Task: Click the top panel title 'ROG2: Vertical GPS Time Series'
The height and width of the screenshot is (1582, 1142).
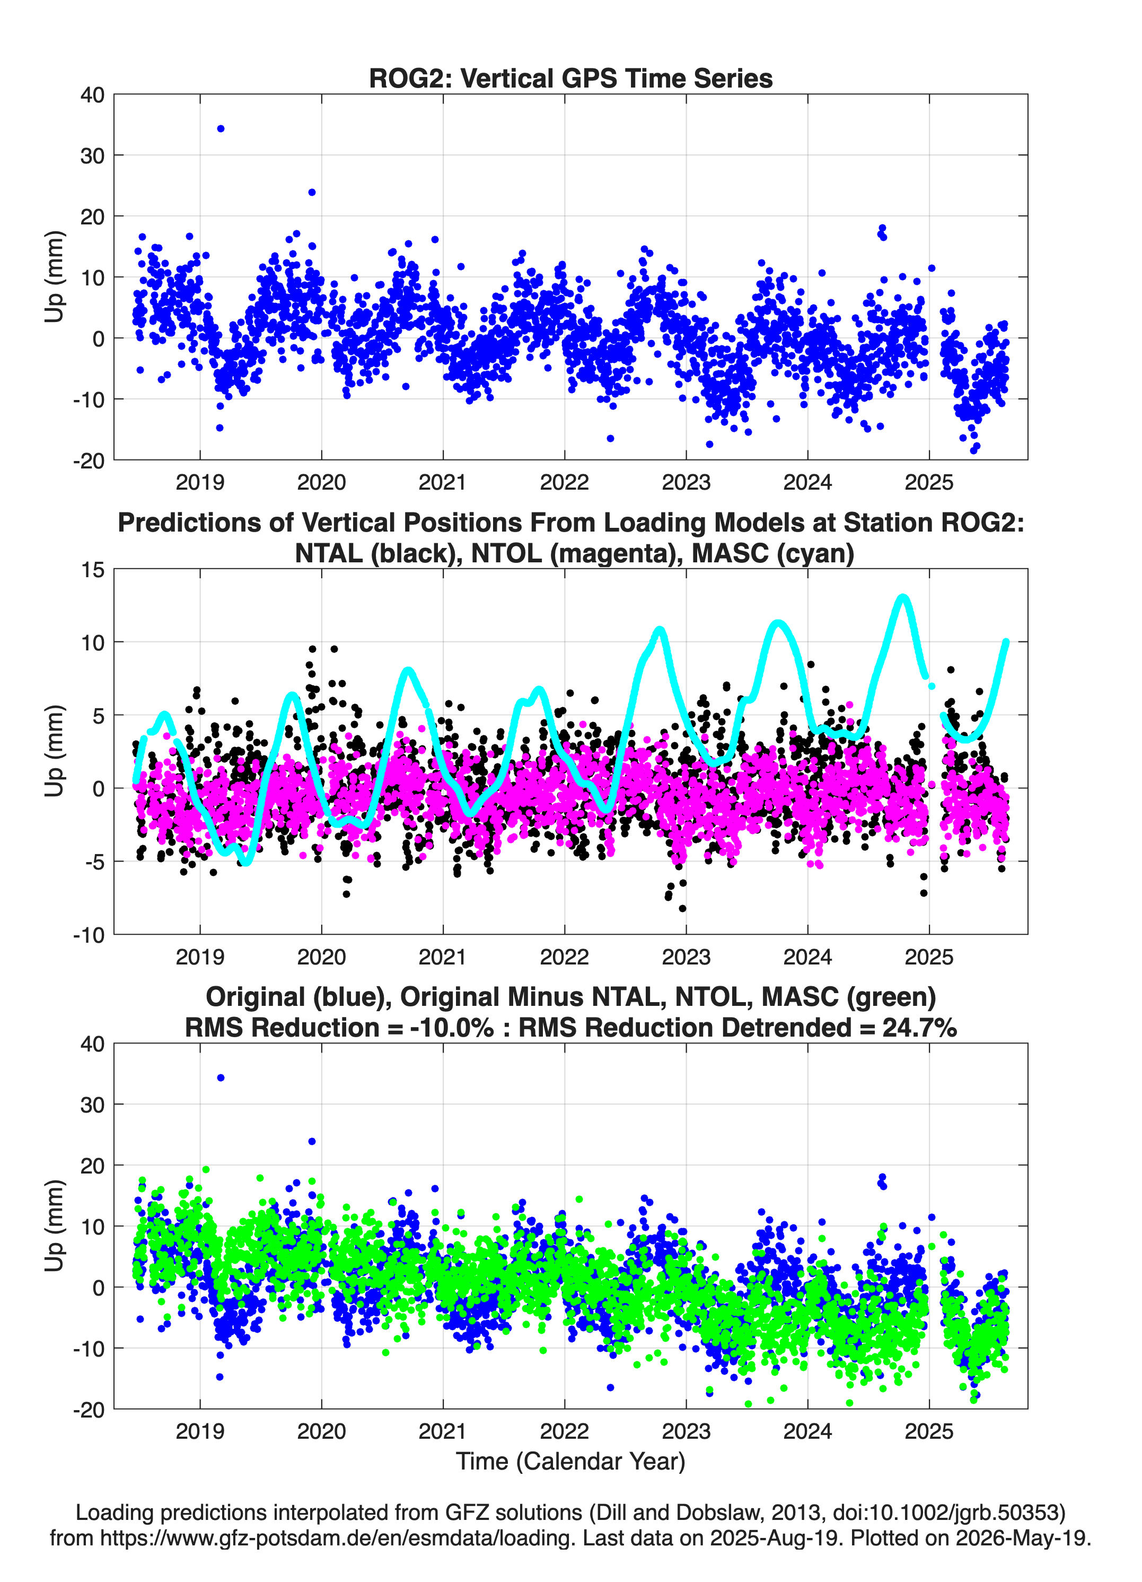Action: pos(570,78)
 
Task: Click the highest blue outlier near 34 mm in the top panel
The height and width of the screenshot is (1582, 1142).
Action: pos(221,128)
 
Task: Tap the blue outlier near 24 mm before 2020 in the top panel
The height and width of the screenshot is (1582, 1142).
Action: pos(312,192)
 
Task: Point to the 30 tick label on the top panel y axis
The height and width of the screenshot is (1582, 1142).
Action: pos(92,155)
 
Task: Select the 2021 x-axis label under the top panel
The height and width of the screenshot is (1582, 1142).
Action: pos(443,482)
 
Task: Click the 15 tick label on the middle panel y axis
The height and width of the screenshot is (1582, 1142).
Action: pos(93,570)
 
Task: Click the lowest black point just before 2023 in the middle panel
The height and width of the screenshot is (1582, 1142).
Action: pos(682,908)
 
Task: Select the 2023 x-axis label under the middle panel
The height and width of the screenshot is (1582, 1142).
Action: pos(686,957)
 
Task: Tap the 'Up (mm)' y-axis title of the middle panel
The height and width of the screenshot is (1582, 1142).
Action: pos(55,751)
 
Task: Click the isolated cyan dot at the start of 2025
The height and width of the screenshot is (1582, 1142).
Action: pos(932,686)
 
